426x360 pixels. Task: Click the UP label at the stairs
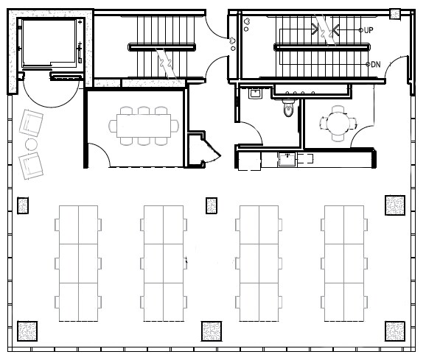369,30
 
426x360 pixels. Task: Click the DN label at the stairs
375,65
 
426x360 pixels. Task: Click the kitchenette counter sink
285,158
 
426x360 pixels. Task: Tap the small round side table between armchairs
32,143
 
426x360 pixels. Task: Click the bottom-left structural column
27,331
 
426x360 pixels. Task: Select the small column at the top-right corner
395,14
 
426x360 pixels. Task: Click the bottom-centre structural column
211,331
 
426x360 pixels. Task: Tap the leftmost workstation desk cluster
78,263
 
